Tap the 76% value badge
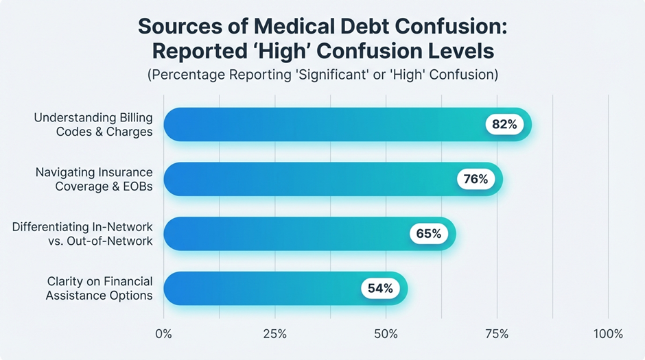click(476, 179)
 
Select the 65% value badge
click(429, 234)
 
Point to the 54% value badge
click(380, 289)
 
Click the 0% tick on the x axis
click(163, 334)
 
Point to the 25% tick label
click(274, 334)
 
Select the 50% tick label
click(386, 334)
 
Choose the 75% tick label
click(497, 334)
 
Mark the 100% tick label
click(607, 334)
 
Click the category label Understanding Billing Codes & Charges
click(93, 124)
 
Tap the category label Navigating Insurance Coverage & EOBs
click(94, 179)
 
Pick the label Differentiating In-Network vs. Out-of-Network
click(82, 234)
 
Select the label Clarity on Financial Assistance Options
click(99, 289)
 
